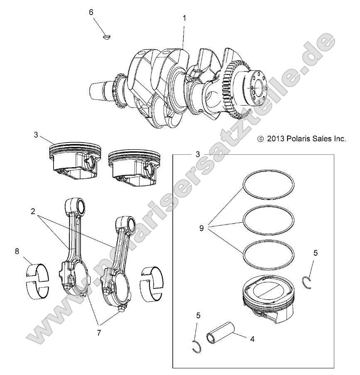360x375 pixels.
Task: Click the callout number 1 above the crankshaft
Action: (184, 18)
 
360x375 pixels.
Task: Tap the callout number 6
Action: (91, 12)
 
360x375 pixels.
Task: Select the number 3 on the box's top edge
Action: (198, 154)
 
